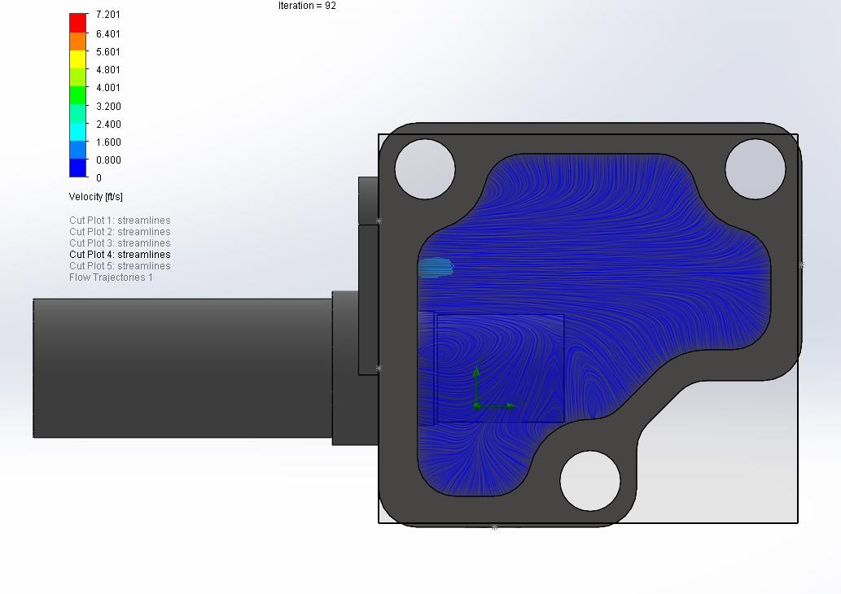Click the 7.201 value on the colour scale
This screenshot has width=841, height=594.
(107, 15)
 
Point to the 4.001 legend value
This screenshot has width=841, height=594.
(107, 88)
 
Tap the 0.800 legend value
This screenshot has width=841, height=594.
(108, 160)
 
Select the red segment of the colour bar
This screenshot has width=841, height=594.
(78, 23)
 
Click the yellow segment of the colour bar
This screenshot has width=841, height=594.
(78, 59)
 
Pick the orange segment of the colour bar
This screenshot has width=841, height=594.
(78, 41)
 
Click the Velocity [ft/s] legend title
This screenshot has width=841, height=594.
(95, 197)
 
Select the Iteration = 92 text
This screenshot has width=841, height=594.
(307, 6)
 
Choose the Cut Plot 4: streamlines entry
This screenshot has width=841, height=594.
(120, 255)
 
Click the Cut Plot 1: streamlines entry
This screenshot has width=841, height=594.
(120, 221)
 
